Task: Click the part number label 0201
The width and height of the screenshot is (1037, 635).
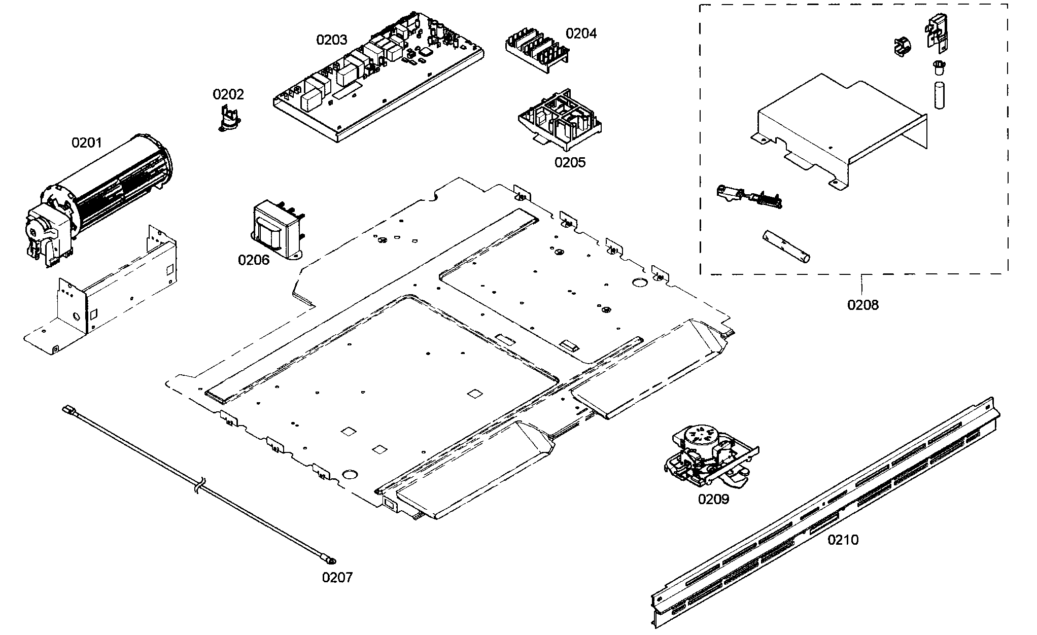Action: tap(86, 143)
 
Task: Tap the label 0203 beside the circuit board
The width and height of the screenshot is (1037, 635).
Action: tap(332, 40)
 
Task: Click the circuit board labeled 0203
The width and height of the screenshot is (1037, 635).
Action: tap(378, 76)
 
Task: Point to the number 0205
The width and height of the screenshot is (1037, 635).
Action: tap(570, 162)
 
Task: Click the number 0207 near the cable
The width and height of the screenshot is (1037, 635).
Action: tap(337, 577)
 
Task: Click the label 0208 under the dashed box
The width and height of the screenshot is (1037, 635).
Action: tap(863, 305)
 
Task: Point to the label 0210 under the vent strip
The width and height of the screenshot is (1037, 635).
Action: tap(843, 540)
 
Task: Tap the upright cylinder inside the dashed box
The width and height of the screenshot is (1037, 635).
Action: tap(940, 95)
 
